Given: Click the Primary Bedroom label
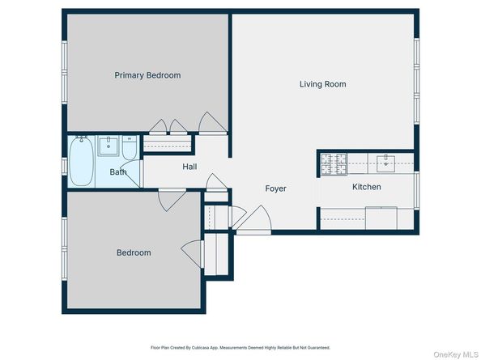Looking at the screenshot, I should coord(147,75).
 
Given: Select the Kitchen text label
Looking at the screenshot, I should coord(366,187).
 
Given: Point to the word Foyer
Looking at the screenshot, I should coord(276,188).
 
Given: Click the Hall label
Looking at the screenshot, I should coord(189,167).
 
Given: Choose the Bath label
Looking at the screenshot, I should coord(118,172).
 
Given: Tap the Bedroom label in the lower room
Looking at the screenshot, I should coord(134,252).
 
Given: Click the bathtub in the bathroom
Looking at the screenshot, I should coord(80,163).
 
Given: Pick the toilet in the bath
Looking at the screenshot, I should coord(130,150).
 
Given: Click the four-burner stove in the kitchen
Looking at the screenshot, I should coord(332,164).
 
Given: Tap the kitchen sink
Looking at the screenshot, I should coord(388,164).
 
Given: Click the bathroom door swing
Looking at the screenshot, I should coord(166,199).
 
